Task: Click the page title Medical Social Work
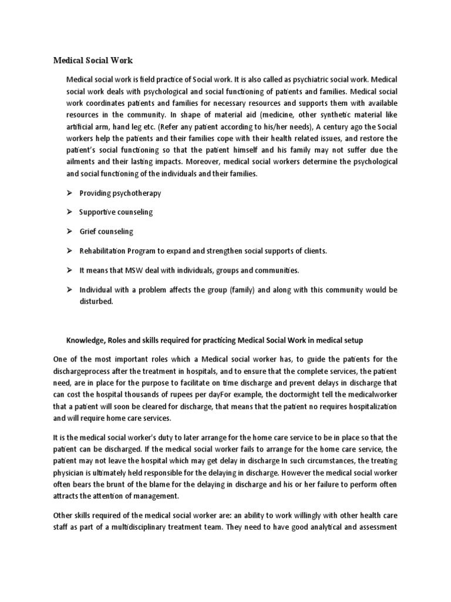click(93, 60)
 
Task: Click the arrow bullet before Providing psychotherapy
click(69, 193)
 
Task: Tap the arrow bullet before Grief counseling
click(69, 232)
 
